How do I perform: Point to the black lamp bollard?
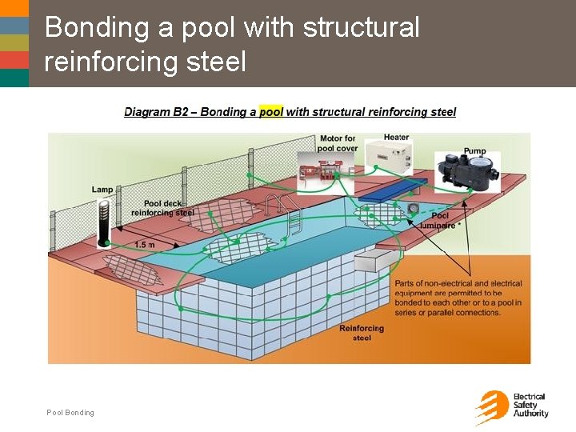coord(103,222)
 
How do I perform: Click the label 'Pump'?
coord(474,150)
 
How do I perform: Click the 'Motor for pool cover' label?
coord(336,143)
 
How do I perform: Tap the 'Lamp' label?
coord(102,189)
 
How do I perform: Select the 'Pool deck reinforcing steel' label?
coord(162,208)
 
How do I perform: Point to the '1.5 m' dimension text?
coord(145,244)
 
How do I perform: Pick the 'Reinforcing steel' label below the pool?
coord(362,333)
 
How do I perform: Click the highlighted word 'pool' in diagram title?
coord(271,112)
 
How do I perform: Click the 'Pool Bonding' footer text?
coord(70,413)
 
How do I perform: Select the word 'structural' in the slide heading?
coord(361,27)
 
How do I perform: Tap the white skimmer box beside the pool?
coord(375,260)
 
